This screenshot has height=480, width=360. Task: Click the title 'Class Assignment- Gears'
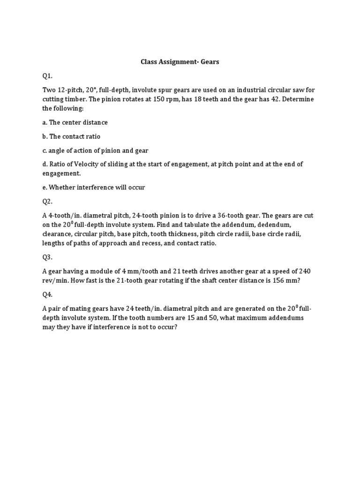tap(180, 61)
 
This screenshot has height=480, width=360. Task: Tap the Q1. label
tap(47, 75)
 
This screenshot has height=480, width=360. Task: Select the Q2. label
tap(47, 201)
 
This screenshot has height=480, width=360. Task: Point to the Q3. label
tap(47, 257)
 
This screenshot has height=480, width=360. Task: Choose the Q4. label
tap(47, 294)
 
